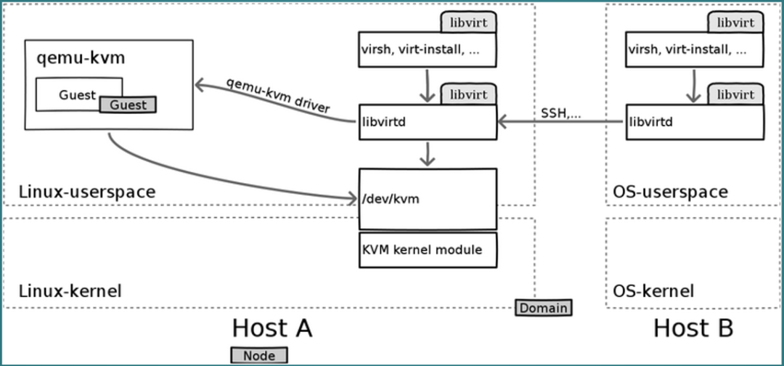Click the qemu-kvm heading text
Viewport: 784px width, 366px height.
point(81,59)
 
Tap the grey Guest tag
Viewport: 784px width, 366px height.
point(128,105)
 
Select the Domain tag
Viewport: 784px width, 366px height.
point(544,308)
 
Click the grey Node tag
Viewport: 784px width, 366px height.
point(259,356)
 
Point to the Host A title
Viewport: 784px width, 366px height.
point(272,328)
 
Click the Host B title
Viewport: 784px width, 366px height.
point(693,328)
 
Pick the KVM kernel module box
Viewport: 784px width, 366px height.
point(428,250)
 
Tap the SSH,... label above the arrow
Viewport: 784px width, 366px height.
point(561,113)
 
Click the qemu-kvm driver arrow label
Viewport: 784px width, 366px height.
point(278,95)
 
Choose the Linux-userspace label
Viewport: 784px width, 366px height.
point(87,192)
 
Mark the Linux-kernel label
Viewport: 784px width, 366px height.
point(70,290)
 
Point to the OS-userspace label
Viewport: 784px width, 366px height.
point(670,192)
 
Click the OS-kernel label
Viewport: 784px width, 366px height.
point(653,290)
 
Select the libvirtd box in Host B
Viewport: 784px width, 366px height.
point(695,121)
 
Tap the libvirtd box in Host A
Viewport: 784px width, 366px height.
point(428,121)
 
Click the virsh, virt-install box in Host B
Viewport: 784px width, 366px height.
point(695,49)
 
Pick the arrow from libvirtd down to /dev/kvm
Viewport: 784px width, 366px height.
point(427,153)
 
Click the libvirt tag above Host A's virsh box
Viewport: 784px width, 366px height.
point(468,23)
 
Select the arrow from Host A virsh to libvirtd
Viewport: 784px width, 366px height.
point(427,86)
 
